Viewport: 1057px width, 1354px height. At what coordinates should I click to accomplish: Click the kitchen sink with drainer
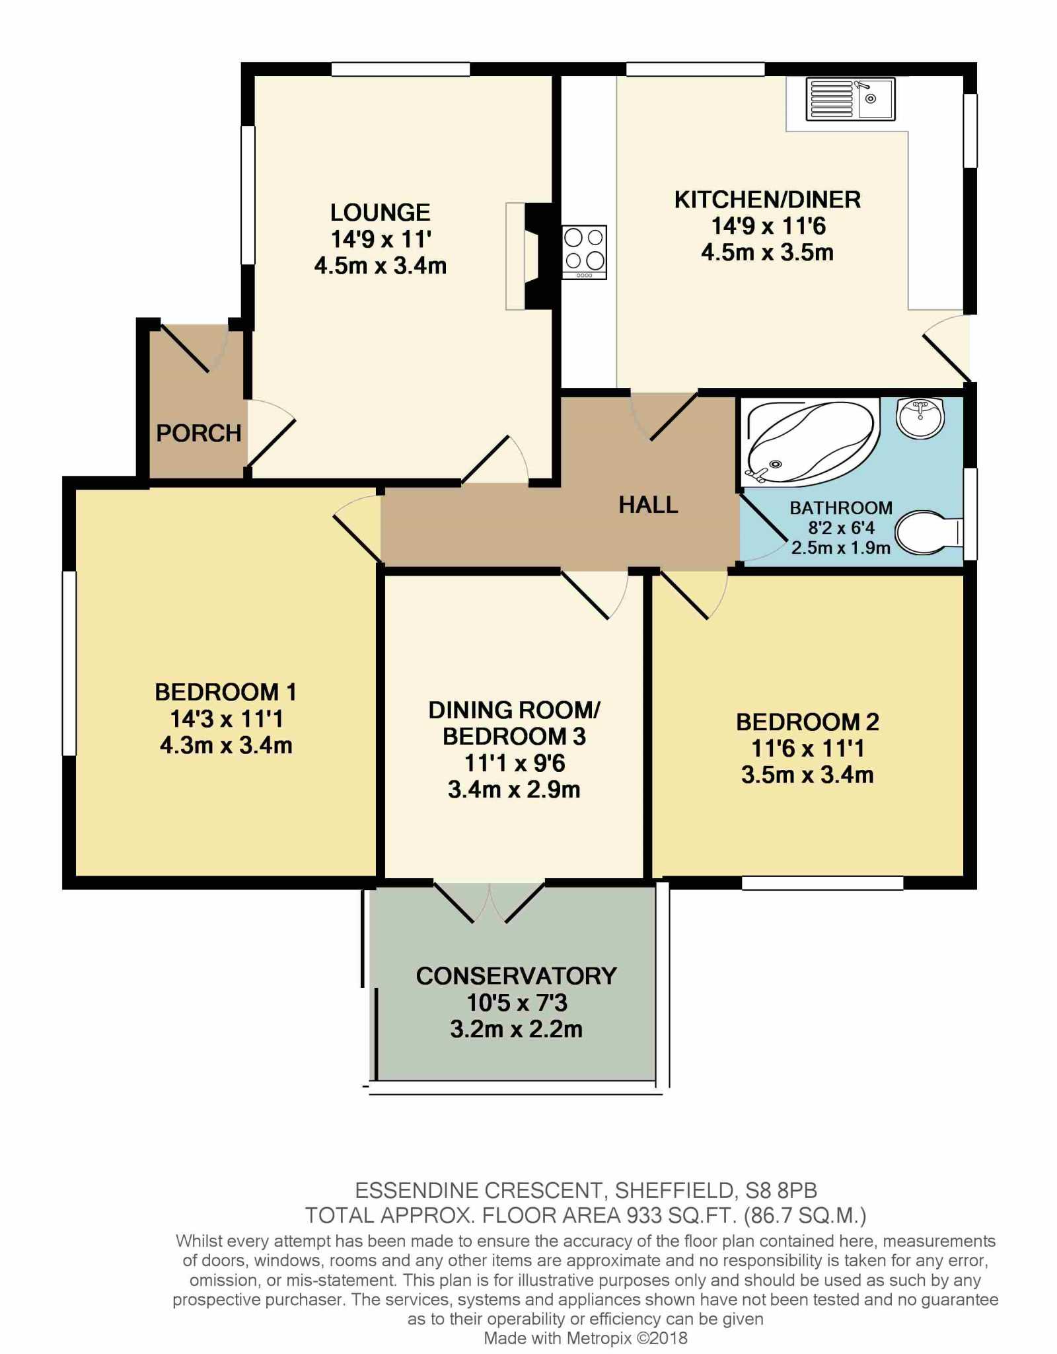[x=850, y=99]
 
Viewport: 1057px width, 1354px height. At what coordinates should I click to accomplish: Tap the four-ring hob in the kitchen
[x=584, y=252]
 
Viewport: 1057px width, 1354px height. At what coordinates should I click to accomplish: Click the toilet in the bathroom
[x=929, y=532]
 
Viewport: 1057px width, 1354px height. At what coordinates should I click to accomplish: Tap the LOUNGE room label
[x=381, y=212]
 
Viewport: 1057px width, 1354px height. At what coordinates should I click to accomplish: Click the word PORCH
[x=199, y=433]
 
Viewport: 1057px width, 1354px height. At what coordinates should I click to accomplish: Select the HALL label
[x=648, y=505]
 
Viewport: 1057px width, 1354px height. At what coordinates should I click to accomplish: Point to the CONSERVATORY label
[x=516, y=976]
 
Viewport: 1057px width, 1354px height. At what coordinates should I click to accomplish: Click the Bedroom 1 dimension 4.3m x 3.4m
[x=226, y=745]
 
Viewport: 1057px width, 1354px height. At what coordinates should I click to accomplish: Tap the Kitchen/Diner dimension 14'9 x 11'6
[x=768, y=226]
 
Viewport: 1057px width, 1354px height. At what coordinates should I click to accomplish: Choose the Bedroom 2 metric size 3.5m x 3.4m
[x=807, y=774]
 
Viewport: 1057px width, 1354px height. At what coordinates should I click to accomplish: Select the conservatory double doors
[x=490, y=901]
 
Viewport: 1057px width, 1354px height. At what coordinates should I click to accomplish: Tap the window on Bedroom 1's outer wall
[x=69, y=663]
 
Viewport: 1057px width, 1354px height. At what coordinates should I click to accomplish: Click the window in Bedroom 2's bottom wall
[x=822, y=883]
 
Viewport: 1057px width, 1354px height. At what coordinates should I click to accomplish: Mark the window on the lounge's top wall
[x=401, y=69]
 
